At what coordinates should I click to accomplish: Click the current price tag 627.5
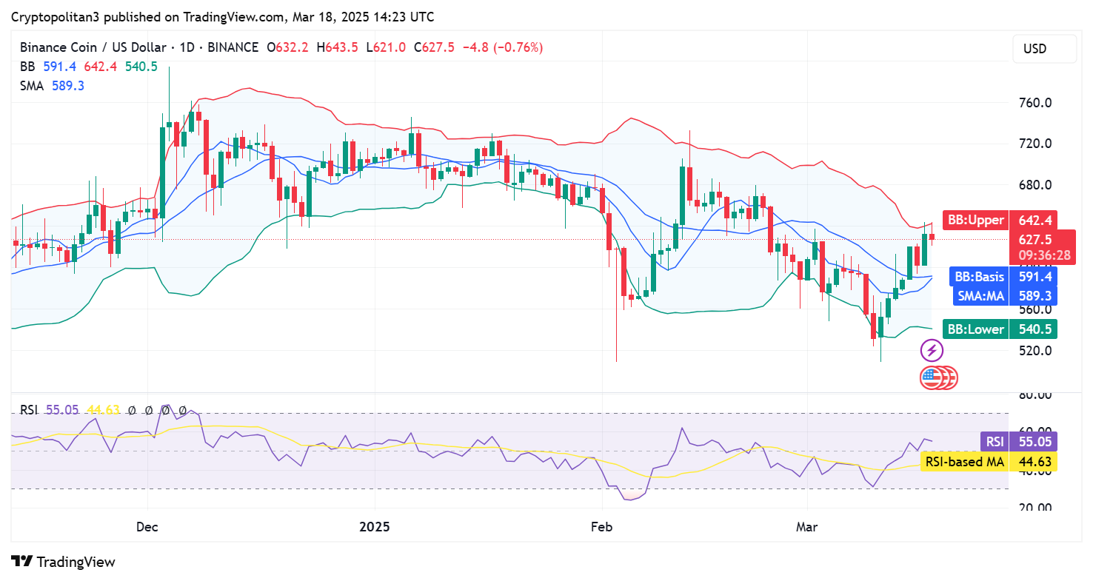coord(1035,239)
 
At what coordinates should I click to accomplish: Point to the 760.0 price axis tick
coord(1034,103)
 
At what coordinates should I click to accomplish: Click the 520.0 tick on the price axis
coord(1034,350)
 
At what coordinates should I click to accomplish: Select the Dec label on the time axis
coord(148,527)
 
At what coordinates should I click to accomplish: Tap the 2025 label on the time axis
coord(375,527)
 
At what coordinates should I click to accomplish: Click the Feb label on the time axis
coord(601,527)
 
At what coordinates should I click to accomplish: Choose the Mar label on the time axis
coord(806,527)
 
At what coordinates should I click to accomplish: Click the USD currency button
coord(1034,49)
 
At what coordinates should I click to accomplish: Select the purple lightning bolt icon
coord(931,350)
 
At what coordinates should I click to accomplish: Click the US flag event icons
coord(938,378)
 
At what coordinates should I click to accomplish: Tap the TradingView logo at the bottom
coord(64,562)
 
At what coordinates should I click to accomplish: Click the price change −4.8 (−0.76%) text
coord(503,47)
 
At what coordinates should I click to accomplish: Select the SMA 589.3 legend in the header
coord(52,86)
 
